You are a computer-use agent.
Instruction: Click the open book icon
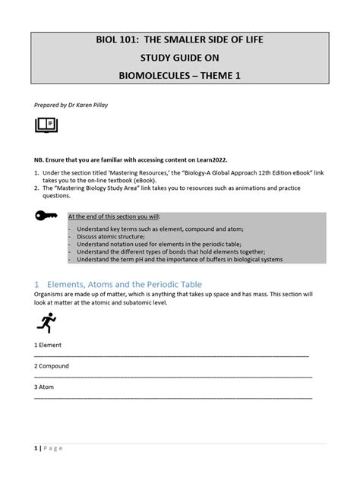click(x=46, y=125)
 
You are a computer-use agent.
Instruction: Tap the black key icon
click(x=46, y=216)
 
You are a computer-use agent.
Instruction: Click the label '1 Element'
click(x=48, y=345)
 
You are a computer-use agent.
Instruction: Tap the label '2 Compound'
click(x=52, y=366)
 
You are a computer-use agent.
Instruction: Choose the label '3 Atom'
click(x=45, y=387)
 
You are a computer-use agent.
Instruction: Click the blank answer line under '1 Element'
click(x=172, y=355)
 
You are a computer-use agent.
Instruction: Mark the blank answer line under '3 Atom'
click(x=173, y=398)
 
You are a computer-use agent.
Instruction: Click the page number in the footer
click(x=36, y=448)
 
